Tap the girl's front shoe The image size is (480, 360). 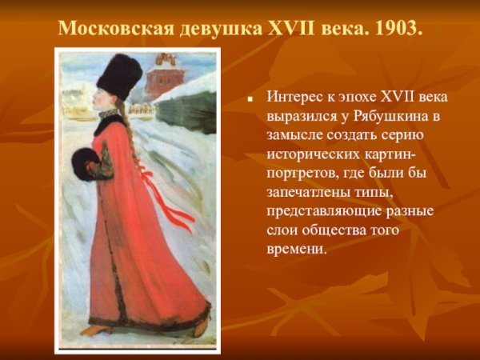point(94,329)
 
